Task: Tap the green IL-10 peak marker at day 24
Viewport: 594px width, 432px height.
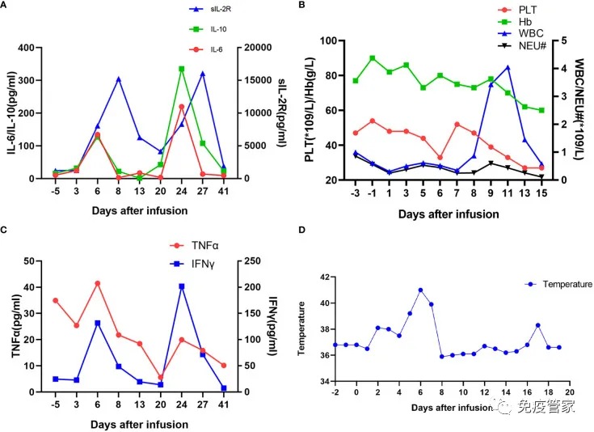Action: point(181,69)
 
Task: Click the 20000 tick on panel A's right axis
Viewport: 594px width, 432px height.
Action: point(252,48)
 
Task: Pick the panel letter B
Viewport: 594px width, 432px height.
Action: point(301,6)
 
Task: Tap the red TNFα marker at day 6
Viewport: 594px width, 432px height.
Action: point(98,283)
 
